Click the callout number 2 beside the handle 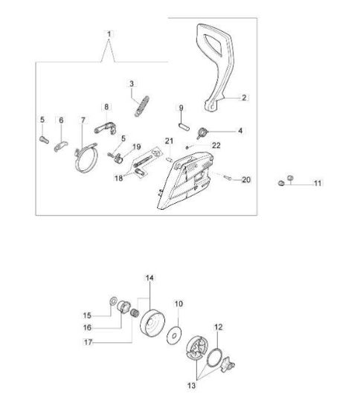244,97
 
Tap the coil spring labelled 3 142,106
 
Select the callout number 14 150,278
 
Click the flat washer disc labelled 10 174,335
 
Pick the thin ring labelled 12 214,358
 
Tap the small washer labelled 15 113,301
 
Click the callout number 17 89,342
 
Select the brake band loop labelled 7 86,158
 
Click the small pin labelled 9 184,126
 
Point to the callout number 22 216,145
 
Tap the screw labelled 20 228,178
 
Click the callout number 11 317,183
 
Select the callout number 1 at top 109,34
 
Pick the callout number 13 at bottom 191,385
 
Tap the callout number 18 118,178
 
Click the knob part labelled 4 202,132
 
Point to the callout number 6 61,120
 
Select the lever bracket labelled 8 106,128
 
